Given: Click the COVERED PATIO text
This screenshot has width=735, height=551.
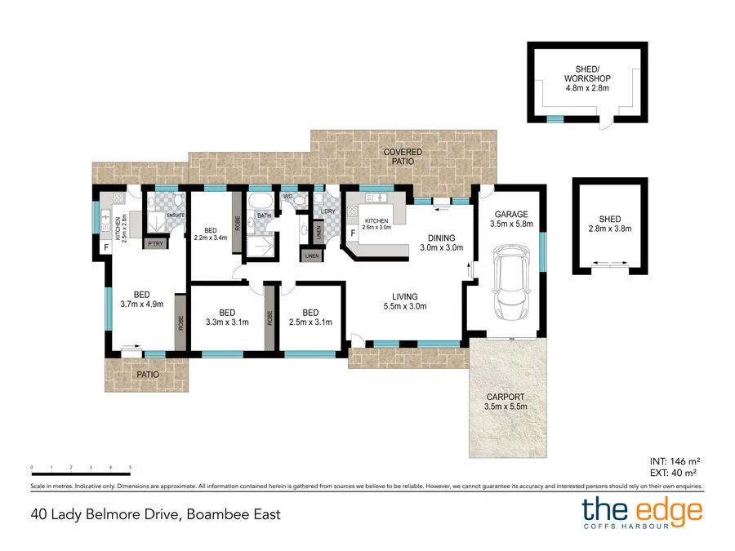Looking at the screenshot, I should [403, 157].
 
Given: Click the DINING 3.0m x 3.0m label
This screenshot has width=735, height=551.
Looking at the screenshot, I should [441, 242].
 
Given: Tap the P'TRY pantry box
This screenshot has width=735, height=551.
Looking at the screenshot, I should [154, 243].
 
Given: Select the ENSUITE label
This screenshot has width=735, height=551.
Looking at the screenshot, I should [176, 216].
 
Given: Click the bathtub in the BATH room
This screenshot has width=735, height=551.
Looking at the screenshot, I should [263, 202].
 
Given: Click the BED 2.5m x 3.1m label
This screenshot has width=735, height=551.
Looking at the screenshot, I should [310, 318].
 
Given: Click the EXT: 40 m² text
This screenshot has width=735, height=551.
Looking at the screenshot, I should [673, 473].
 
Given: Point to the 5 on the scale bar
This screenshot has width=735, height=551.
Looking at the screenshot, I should [130, 468].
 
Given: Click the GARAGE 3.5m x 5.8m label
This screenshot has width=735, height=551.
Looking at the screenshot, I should [511, 219].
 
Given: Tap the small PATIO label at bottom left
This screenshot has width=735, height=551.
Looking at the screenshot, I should [148, 374].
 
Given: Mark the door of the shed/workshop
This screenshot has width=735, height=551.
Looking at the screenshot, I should [604, 123].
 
